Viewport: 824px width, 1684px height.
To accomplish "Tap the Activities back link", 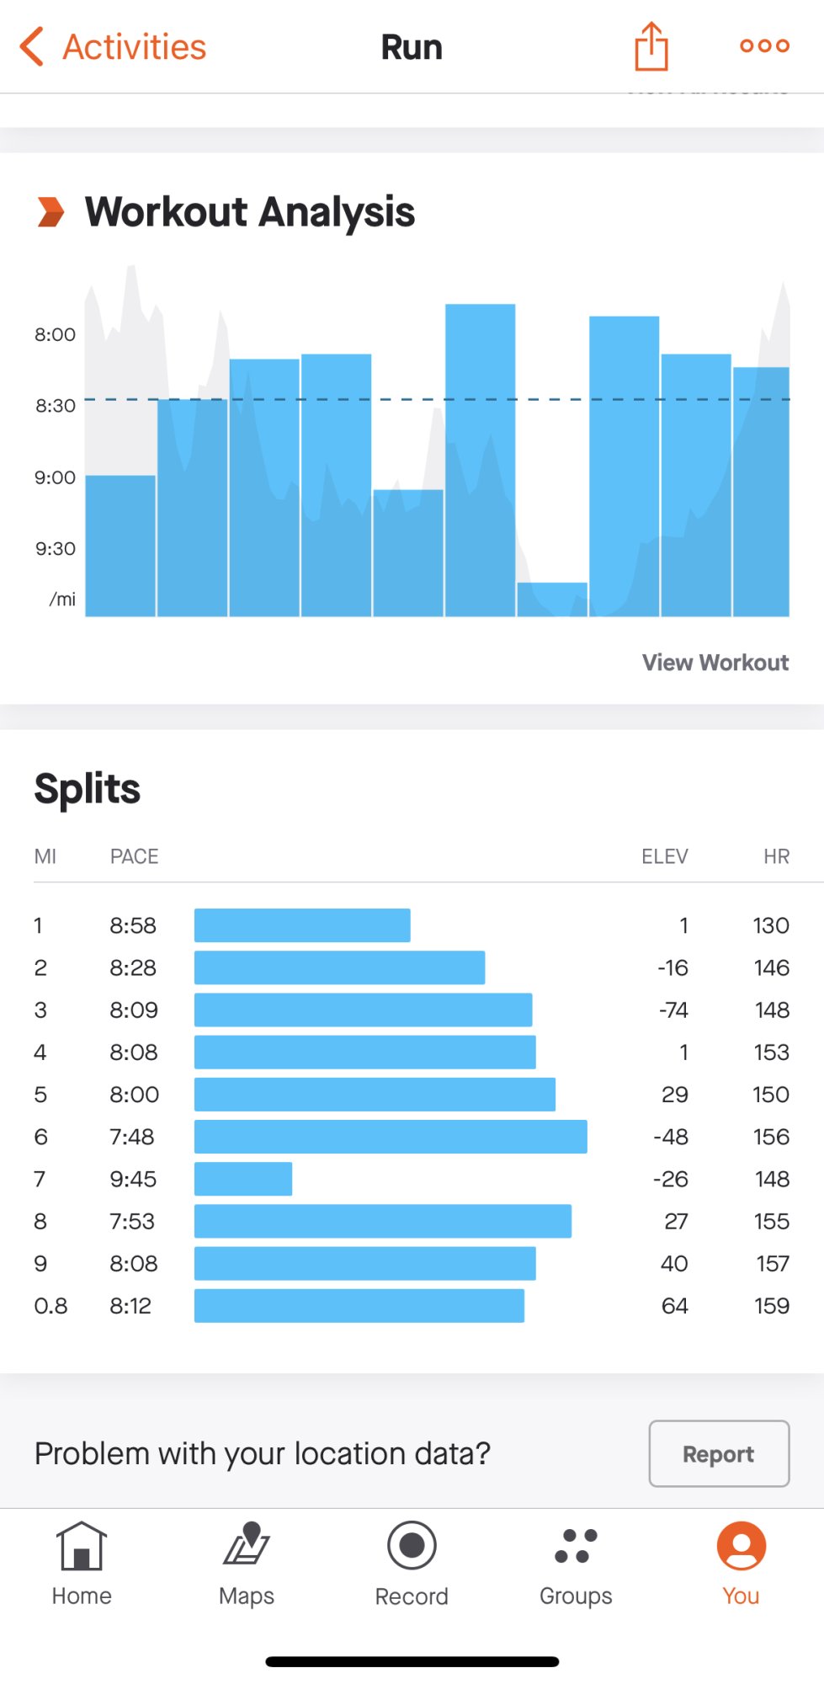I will pyautogui.click(x=114, y=47).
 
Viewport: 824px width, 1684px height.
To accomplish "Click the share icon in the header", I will pyautogui.click(x=651, y=46).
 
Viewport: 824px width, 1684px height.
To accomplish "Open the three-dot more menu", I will pyautogui.click(x=764, y=45).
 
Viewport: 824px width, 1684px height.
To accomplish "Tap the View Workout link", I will pyautogui.click(x=715, y=663).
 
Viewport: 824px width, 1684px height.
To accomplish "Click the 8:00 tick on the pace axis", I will pyautogui.click(x=56, y=334).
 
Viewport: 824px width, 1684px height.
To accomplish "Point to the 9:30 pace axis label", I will pyautogui.click(x=56, y=549).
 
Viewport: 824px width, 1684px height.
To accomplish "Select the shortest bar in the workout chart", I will pyautogui.click(x=552, y=599).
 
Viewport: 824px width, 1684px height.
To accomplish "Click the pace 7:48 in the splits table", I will pyautogui.click(x=132, y=1137).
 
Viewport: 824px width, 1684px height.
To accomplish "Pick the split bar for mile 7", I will pyautogui.click(x=243, y=1179).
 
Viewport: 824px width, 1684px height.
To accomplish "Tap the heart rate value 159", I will pyautogui.click(x=771, y=1306).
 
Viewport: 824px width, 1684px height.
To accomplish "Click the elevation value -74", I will pyautogui.click(x=673, y=1010).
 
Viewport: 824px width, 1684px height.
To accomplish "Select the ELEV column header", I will pyautogui.click(x=664, y=856).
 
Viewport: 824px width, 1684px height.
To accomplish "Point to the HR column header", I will pyautogui.click(x=776, y=856).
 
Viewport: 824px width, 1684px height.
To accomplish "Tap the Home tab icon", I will pyautogui.click(x=82, y=1547).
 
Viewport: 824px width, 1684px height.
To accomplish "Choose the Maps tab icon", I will pyautogui.click(x=247, y=1544).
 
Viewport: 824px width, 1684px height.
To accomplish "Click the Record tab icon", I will pyautogui.click(x=412, y=1546).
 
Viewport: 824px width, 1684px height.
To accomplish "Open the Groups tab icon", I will pyautogui.click(x=576, y=1546).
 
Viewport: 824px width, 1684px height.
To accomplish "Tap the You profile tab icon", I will pyautogui.click(x=741, y=1546).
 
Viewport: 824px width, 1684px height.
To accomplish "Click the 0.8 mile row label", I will pyautogui.click(x=51, y=1306).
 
